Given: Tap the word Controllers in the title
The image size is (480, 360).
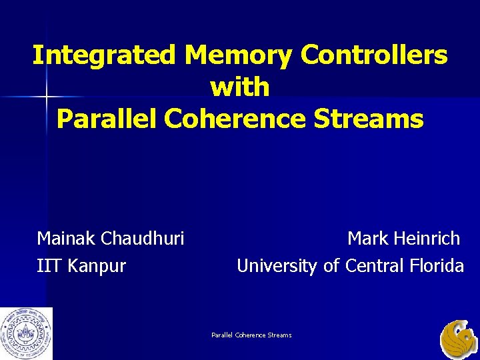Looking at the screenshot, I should point(374,55).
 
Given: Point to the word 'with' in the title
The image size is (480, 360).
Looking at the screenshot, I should point(240,87).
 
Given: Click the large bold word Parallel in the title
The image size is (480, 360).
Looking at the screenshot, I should point(107,118).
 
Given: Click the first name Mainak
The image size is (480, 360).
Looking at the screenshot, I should point(65,239).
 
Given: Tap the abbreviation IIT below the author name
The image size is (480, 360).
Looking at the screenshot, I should point(48,267).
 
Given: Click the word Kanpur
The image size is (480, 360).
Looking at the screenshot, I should point(96,267).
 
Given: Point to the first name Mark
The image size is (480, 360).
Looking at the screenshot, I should point(366,239).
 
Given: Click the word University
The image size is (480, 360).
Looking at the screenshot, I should point(277,267).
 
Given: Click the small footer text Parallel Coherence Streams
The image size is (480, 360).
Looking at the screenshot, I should point(251,335).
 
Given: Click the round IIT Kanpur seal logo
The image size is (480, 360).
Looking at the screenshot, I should point(27,333).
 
